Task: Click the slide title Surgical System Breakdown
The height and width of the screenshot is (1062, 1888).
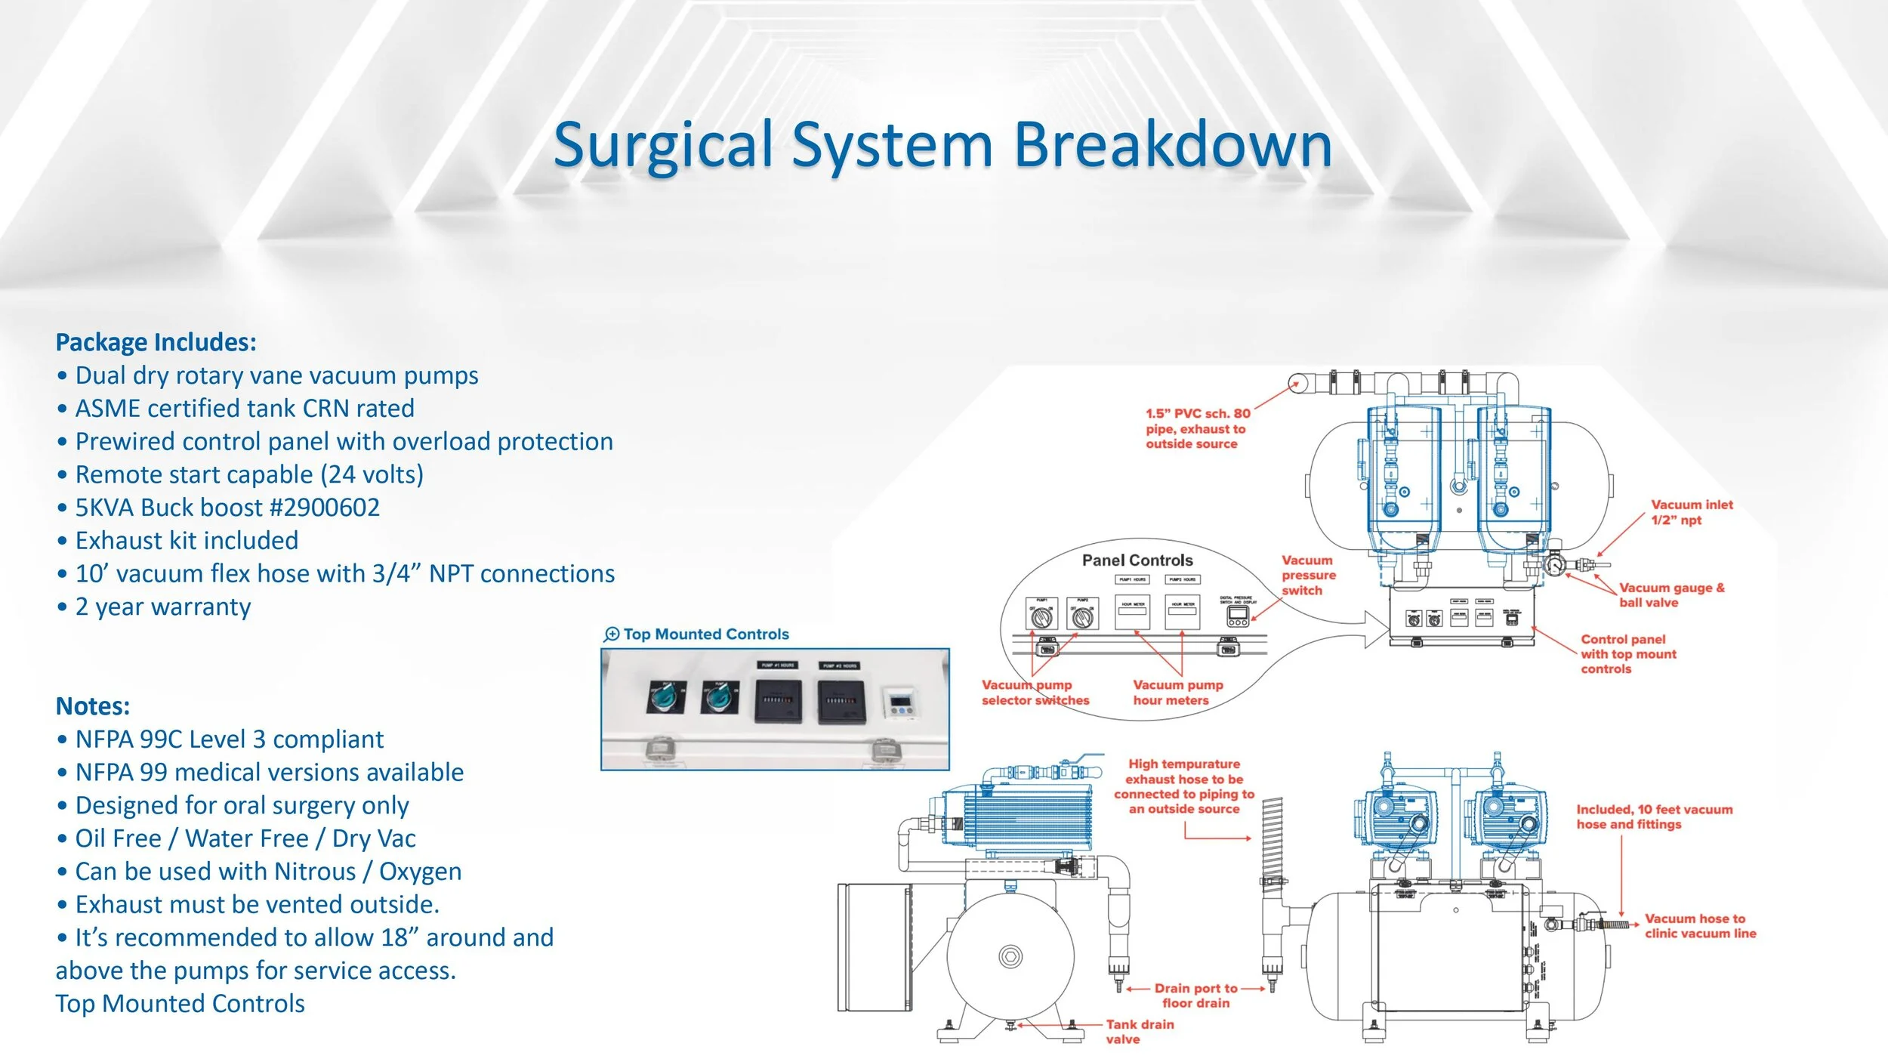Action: coord(942,144)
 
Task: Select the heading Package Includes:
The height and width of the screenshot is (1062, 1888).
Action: coord(156,342)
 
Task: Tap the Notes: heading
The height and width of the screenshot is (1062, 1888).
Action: coord(92,706)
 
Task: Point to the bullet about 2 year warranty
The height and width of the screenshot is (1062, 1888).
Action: coord(162,607)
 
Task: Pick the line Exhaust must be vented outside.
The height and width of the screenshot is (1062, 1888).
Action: coord(257,904)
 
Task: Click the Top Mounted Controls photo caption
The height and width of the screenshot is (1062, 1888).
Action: coord(705,634)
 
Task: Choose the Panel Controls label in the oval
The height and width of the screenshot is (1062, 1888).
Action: coord(1137,560)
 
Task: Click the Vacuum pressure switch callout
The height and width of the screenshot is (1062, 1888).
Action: coord(1308,576)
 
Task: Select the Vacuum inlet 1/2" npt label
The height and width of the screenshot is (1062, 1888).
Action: coord(1691,512)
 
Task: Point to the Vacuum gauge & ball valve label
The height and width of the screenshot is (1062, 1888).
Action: coord(1671,595)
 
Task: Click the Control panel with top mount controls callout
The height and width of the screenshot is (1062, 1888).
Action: coord(1627,654)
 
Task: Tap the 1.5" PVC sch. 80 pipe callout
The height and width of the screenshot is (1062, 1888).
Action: coord(1197,429)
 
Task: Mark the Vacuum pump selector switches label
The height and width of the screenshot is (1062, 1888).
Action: coord(1035,693)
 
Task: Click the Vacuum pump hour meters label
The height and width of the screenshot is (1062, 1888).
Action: coord(1177,693)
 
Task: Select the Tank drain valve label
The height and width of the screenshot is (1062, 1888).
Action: coord(1139,1032)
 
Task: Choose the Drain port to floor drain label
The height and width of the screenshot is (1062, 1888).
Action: coord(1195,996)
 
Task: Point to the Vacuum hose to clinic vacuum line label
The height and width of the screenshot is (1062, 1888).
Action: coord(1700,926)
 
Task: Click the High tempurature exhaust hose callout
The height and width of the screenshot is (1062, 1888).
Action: coord(1183,786)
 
